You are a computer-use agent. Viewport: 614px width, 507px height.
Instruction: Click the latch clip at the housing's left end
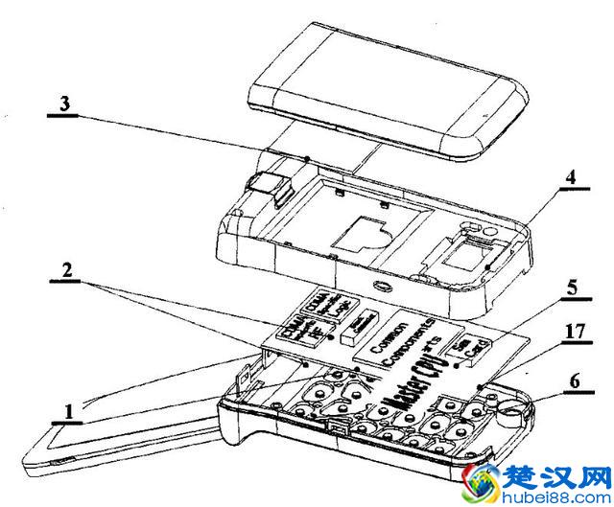[x=271, y=187]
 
